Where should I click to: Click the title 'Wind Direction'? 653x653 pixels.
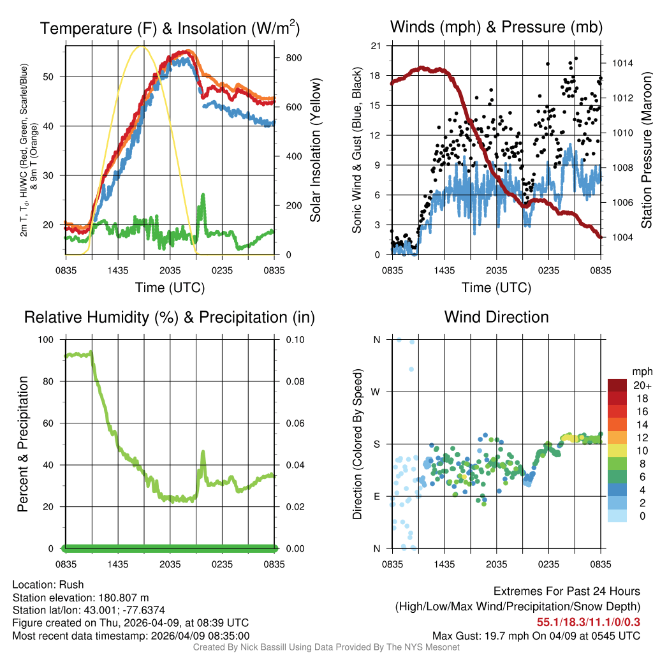(496, 317)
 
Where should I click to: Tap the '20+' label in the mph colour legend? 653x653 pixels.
(642, 386)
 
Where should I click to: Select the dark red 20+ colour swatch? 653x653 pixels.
(617, 386)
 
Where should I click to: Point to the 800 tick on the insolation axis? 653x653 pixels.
(293, 57)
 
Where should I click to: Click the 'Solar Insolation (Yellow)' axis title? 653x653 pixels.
(316, 150)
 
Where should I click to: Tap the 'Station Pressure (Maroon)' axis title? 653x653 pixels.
(645, 150)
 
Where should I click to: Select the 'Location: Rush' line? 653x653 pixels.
(48, 585)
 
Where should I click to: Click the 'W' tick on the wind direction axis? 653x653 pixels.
(376, 392)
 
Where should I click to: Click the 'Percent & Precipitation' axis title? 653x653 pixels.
(23, 444)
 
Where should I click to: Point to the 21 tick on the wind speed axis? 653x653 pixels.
(376, 46)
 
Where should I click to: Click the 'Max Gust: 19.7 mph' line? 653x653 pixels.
(536, 635)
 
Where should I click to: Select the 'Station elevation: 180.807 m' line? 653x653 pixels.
(80, 598)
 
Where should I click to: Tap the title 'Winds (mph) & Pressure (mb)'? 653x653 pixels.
(496, 27)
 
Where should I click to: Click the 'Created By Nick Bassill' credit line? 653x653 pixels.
(326, 647)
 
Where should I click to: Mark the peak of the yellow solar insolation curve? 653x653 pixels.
(143, 47)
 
